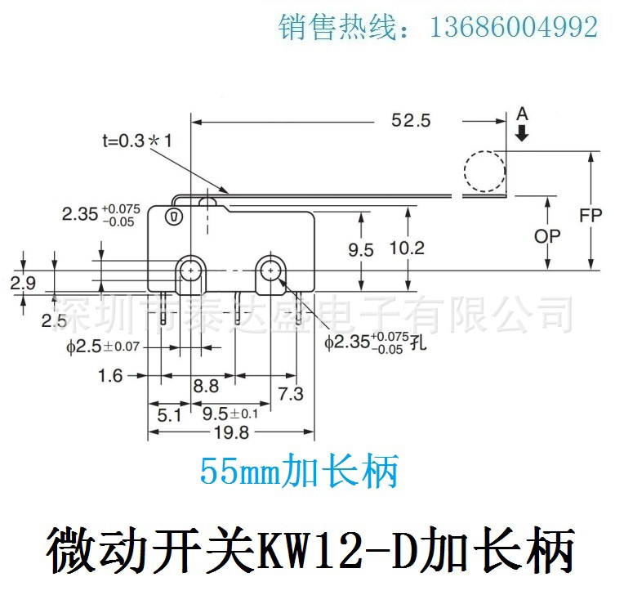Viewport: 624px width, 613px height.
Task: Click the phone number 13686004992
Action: pos(514,28)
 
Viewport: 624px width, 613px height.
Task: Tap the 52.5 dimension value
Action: pos(410,121)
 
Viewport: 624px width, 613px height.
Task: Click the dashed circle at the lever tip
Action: pos(484,172)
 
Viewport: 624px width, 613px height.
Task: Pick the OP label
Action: pos(547,235)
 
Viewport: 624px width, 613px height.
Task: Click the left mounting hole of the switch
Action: pos(191,269)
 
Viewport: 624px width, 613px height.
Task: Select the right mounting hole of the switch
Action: pos(270,269)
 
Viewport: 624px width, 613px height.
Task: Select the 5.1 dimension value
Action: pos(168,414)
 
